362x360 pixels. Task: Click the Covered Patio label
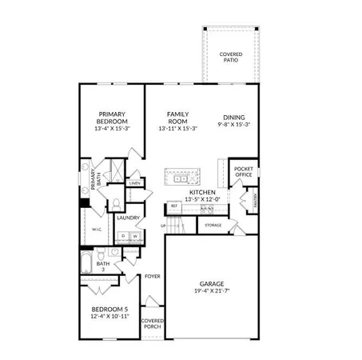pos(232,58)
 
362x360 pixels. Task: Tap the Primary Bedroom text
pos(113,118)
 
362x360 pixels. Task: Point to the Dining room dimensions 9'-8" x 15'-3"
pos(234,125)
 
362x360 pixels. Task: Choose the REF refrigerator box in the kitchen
pos(173,206)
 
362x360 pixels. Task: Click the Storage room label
pos(213,226)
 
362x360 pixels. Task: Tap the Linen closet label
pos(135,184)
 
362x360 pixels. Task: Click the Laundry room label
pos(128,218)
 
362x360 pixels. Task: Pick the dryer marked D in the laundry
pos(123,236)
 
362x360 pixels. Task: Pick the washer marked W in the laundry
pos(135,236)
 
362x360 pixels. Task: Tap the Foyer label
pos(153,277)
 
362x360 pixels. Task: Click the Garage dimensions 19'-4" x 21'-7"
pos(212,291)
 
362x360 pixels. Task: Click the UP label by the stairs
pos(164,226)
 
